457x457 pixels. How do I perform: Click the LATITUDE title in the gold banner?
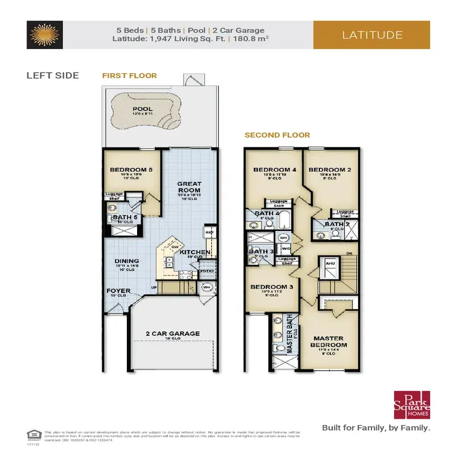[372, 35]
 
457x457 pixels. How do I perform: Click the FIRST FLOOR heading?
[129, 75]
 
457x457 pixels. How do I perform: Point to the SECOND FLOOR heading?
[277, 135]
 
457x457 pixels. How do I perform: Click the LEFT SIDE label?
[53, 75]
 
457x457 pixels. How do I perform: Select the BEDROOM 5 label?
[130, 170]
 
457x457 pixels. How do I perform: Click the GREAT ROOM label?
[189, 187]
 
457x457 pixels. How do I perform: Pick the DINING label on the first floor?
[127, 261]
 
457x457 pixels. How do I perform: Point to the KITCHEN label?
[195, 252]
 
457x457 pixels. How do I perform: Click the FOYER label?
[118, 291]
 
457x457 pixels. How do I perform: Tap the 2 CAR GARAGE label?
[173, 333]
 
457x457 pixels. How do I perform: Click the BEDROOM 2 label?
[326, 170]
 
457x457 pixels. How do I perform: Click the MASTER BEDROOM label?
[328, 341]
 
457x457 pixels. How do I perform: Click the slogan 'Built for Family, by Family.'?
[376, 427]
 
